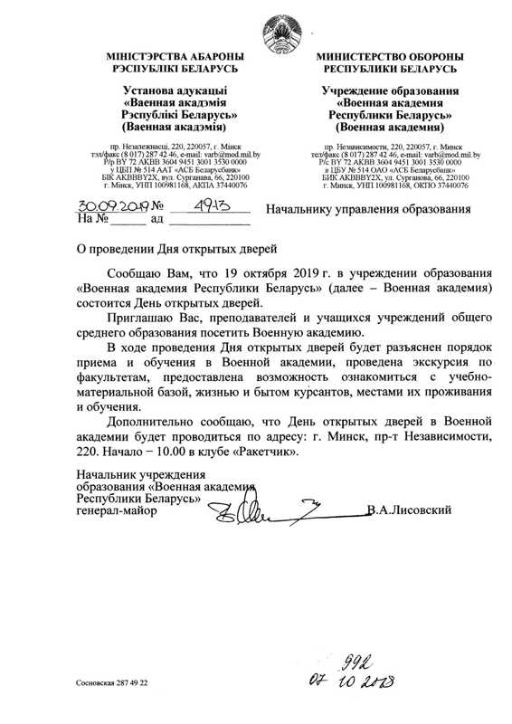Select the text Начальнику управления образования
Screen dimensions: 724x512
(x=368, y=210)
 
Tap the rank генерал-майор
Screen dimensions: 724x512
(x=117, y=512)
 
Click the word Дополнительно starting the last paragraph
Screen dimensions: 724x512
(x=150, y=423)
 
